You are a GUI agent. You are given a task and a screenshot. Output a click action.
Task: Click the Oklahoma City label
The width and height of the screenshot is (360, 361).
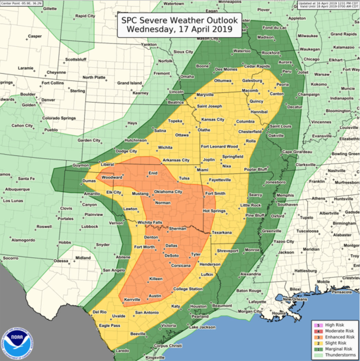pyautogui.click(x=168, y=192)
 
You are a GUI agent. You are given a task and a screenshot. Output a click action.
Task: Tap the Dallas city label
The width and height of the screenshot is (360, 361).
pyautogui.click(x=171, y=245)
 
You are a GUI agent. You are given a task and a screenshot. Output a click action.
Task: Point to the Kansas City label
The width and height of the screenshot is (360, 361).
pyautogui.click(x=213, y=120)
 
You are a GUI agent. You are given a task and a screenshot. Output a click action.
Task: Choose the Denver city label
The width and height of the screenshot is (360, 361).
pyautogui.click(x=48, y=100)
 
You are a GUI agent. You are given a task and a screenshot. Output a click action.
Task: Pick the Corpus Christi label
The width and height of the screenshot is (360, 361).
pyautogui.click(x=168, y=346)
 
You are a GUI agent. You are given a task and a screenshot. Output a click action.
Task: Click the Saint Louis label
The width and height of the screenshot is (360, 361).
pyautogui.click(x=280, y=126)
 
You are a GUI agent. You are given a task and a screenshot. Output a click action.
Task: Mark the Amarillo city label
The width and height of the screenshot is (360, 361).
pyautogui.click(x=92, y=194)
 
